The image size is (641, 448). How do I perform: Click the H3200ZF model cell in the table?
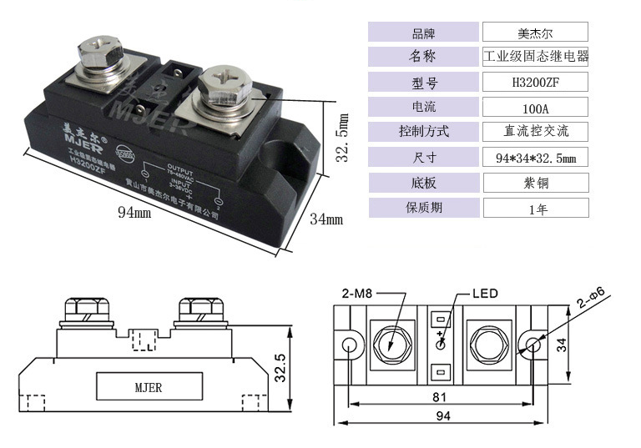535,82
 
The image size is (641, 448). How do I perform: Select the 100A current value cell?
535,107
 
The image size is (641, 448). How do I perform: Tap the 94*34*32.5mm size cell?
535,158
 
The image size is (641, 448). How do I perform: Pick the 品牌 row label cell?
423,33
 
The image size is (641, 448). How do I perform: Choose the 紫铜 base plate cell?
535,183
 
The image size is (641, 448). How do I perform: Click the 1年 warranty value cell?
535,209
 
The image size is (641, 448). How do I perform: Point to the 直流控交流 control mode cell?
535,132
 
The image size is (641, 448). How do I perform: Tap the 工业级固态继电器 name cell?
535,57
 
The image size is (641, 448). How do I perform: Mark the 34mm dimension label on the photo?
326,219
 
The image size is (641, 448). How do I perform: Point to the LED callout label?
484,293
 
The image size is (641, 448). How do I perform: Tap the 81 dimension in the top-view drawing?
440,395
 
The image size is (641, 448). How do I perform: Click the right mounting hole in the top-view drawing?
532,345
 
